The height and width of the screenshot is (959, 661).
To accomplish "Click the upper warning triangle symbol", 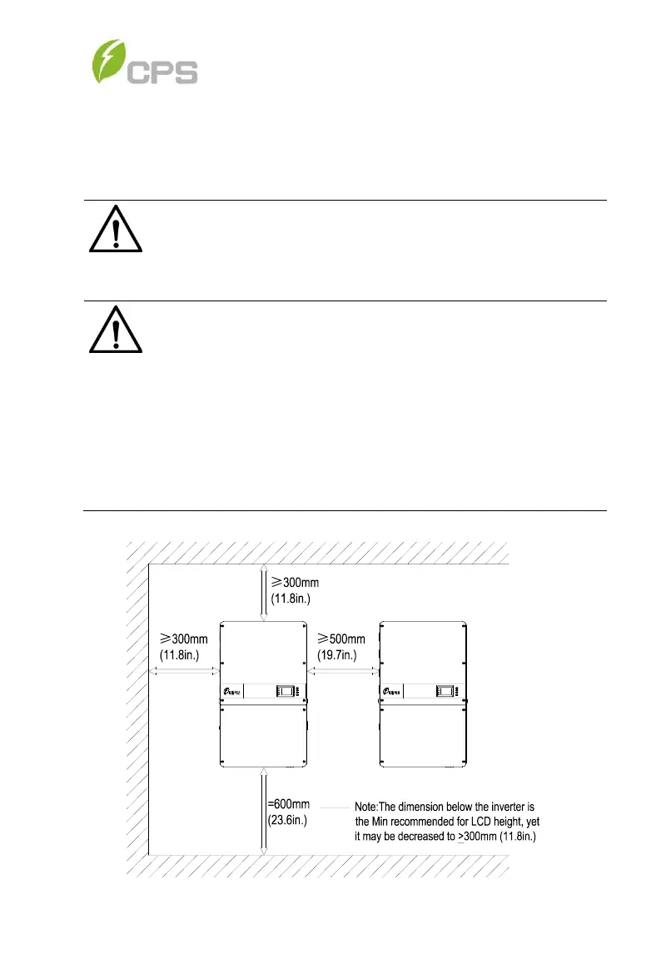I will pyautogui.click(x=116, y=228).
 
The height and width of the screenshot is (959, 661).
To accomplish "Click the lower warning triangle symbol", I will pyautogui.click(x=116, y=329).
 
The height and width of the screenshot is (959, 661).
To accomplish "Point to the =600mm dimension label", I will pyautogui.click(x=288, y=804).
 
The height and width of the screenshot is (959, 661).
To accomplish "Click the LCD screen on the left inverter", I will pyautogui.click(x=285, y=691).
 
